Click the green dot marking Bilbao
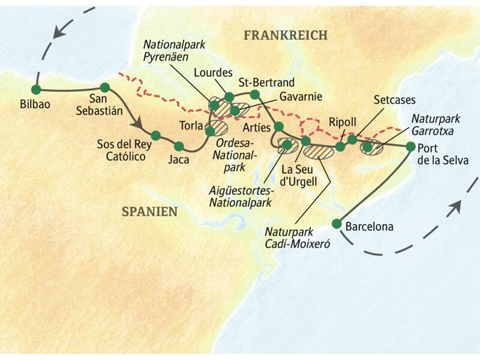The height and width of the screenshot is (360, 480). [35, 89]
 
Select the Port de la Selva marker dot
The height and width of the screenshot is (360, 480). [410, 146]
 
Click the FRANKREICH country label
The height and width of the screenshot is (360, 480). [286, 35]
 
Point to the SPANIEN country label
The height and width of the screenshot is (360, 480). [149, 211]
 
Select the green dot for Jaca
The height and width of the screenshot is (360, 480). [178, 146]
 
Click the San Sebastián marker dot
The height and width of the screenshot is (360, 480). [104, 87]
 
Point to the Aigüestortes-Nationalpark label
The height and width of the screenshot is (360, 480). [239, 196]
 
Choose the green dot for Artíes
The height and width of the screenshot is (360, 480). [278, 127]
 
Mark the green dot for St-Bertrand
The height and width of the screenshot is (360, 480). [254, 94]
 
